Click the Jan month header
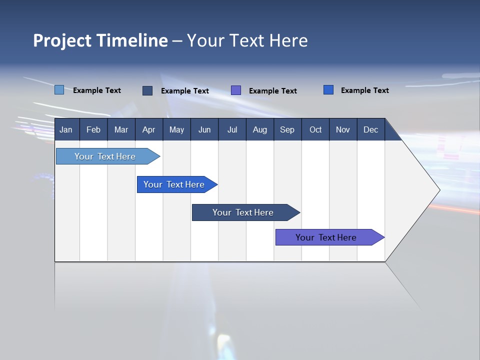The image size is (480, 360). click(x=66, y=129)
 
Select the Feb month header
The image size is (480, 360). click(x=93, y=129)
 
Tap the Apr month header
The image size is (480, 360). click(x=148, y=129)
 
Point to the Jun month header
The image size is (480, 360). click(x=204, y=129)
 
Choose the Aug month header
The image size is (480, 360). click(x=259, y=129)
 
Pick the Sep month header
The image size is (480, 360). click(x=287, y=129)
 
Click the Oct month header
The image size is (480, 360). click(x=315, y=129)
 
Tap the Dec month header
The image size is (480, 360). click(x=370, y=129)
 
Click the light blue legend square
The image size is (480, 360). click(x=59, y=90)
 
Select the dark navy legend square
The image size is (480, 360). click(x=147, y=90)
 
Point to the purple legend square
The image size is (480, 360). click(x=236, y=90)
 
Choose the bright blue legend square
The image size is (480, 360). click(x=328, y=90)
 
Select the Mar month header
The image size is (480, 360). click(x=121, y=129)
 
